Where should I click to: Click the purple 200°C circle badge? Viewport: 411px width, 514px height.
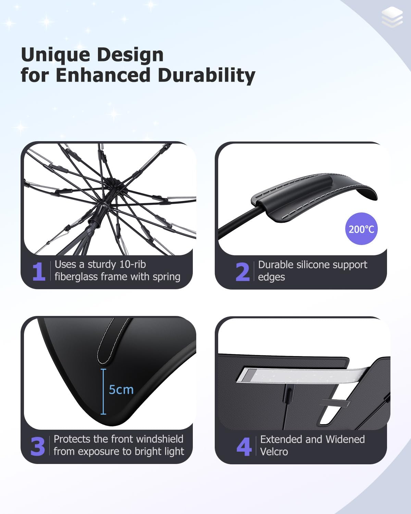[x=361, y=229]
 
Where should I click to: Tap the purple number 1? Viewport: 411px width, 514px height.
[x=39, y=272]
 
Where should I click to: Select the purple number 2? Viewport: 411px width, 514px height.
[x=242, y=272]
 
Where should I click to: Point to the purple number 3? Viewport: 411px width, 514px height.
[x=38, y=446]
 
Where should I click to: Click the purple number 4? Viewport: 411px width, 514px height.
[x=244, y=446]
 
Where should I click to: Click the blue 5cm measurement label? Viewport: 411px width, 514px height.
[x=121, y=390]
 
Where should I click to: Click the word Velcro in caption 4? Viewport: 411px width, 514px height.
[x=274, y=452]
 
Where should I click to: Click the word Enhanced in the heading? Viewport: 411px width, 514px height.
[x=103, y=75]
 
